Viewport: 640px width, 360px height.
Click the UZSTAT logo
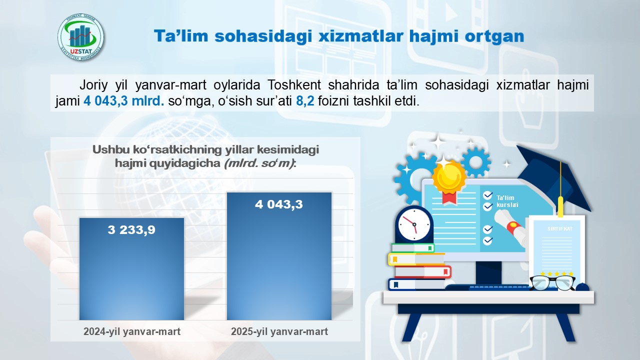pyautogui.click(x=81, y=37)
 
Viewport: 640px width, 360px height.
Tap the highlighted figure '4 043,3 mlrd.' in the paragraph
pyautogui.click(x=123, y=101)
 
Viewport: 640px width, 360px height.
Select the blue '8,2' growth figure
pyautogui.click(x=305, y=101)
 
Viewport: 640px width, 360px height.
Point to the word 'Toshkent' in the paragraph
pyautogui.click(x=294, y=85)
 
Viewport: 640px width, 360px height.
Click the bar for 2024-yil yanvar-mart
pyautogui.click(x=131, y=269)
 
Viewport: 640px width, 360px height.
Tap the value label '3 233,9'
pyautogui.click(x=131, y=229)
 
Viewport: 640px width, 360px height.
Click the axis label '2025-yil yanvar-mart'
pyautogui.click(x=279, y=331)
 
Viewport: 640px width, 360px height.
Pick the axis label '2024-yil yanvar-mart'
pyautogui.click(x=132, y=331)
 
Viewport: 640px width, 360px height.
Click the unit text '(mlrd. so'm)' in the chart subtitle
pyautogui.click(x=259, y=163)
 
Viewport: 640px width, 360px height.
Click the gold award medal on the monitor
pyautogui.click(x=449, y=178)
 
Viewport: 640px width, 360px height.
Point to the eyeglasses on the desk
pyautogui.click(x=552, y=283)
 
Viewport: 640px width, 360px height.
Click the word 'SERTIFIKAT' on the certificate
pyautogui.click(x=560, y=229)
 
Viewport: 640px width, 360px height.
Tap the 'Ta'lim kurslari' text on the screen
pyautogui.click(x=507, y=201)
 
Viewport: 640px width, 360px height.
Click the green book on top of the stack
pyautogui.click(x=413, y=248)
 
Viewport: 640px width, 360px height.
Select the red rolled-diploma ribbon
pyautogui.click(x=513, y=227)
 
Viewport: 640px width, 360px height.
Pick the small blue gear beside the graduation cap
pyautogui.click(x=475, y=162)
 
